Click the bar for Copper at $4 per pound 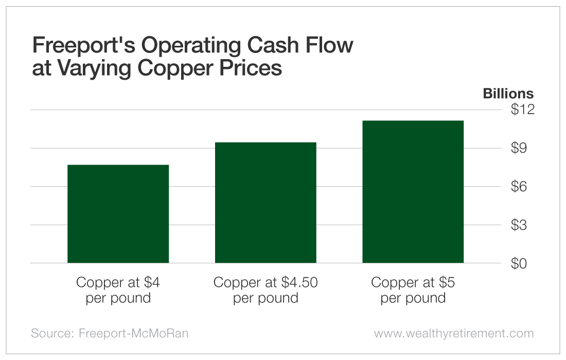118,214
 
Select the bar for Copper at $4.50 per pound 266,203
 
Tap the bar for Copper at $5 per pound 413,192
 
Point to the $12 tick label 522,110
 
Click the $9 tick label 522,148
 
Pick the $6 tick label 522,186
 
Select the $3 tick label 522,225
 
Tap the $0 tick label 522,263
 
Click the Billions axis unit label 508,94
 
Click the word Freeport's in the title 83,46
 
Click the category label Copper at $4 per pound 118,290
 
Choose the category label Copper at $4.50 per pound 266,290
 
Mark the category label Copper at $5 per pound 413,290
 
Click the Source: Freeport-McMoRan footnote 110,333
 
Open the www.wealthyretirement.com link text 454,333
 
